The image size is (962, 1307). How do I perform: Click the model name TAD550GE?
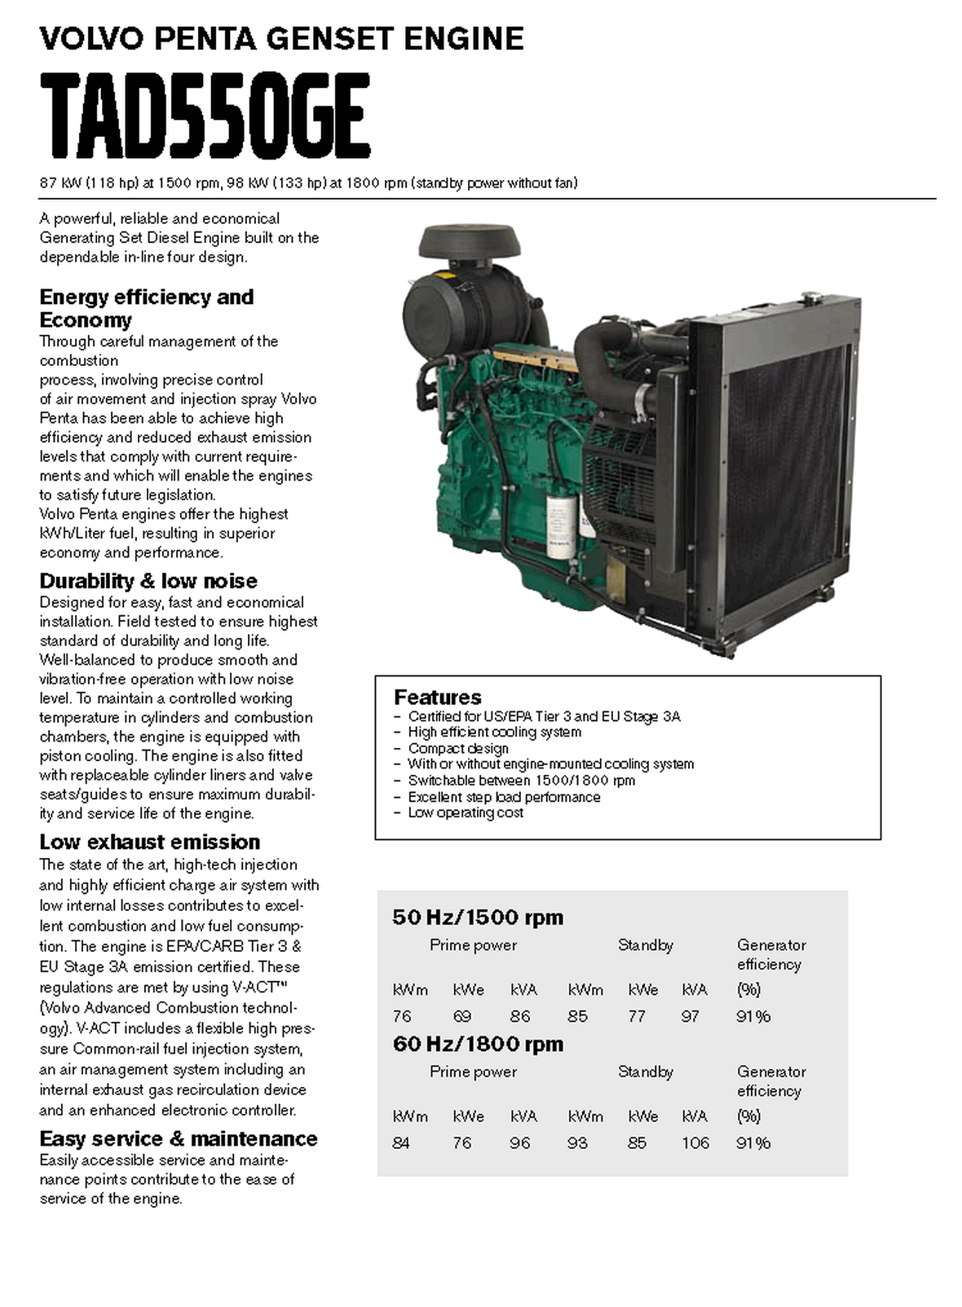click(x=205, y=116)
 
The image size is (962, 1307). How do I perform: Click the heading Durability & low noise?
click(x=148, y=581)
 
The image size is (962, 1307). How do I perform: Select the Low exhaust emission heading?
click(x=150, y=842)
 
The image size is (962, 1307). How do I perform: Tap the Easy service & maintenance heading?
click(x=179, y=1138)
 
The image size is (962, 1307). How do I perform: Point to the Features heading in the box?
click(x=437, y=698)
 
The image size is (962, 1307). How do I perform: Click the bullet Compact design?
click(x=458, y=748)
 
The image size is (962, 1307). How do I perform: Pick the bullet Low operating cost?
click(x=466, y=812)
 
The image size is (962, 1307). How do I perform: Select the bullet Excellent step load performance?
click(x=504, y=797)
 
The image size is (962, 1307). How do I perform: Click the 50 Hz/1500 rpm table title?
click(x=478, y=918)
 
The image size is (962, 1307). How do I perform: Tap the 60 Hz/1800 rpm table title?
click(x=478, y=1044)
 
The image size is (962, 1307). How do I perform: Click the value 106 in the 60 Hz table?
click(x=695, y=1143)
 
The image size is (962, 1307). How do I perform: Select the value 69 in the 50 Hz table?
click(x=462, y=1016)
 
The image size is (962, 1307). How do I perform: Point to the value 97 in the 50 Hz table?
click(x=691, y=1016)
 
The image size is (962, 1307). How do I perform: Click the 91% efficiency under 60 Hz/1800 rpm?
click(x=752, y=1143)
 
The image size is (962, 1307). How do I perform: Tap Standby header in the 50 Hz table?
click(x=645, y=945)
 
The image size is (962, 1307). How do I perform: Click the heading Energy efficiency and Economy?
click(x=147, y=308)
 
